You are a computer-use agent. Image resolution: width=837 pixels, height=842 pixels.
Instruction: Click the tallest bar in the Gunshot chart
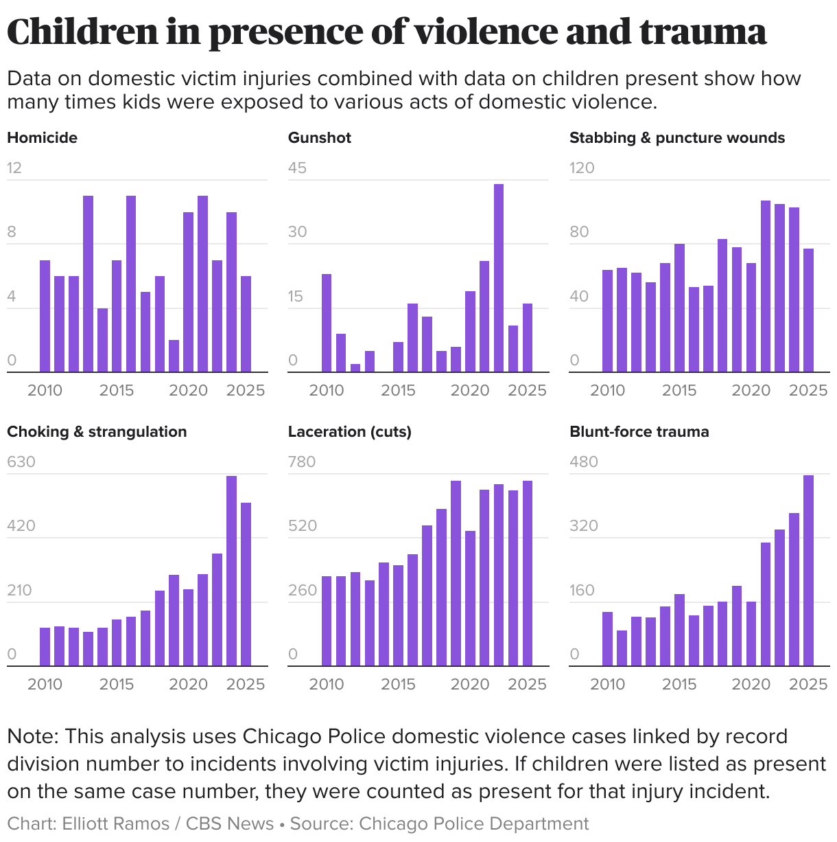pyautogui.click(x=499, y=278)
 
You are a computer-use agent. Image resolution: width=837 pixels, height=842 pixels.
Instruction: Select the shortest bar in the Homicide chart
pyautogui.click(x=174, y=356)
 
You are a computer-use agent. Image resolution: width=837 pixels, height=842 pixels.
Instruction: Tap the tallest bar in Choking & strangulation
pyautogui.click(x=231, y=571)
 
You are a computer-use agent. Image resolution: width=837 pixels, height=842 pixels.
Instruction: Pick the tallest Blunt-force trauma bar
pyautogui.click(x=808, y=570)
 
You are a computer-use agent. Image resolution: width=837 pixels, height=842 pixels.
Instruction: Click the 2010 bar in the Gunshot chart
pyautogui.click(x=327, y=323)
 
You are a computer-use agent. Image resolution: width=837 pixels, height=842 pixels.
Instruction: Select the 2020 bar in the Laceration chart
pyautogui.click(x=470, y=598)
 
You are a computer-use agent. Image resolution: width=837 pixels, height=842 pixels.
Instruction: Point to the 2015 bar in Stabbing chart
pyautogui.click(x=679, y=308)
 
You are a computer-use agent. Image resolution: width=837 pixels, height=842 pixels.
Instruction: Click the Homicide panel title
pyautogui.click(x=42, y=138)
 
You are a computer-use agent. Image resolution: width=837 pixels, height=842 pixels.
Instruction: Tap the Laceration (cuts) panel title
pyautogui.click(x=349, y=432)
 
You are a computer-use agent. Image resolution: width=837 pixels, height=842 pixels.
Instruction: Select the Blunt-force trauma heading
pyautogui.click(x=639, y=432)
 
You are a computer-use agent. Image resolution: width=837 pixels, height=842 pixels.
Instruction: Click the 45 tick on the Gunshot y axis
pyautogui.click(x=297, y=168)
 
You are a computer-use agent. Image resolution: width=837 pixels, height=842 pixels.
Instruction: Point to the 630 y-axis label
pyautogui.click(x=21, y=462)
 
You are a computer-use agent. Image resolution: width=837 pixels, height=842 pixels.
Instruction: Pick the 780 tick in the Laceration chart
pyautogui.click(x=302, y=462)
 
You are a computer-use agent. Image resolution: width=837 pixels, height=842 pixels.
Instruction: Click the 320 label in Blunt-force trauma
pyautogui.click(x=584, y=526)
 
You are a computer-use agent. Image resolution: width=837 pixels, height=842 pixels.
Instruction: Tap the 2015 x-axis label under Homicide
pyautogui.click(x=117, y=391)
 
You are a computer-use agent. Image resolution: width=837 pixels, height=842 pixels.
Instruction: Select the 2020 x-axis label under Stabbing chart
pyautogui.click(x=751, y=391)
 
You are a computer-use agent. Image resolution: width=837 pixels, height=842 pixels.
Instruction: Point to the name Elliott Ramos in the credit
pyautogui.click(x=115, y=823)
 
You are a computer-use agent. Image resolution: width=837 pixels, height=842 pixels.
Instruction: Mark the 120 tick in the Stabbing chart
pyautogui.click(x=582, y=168)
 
